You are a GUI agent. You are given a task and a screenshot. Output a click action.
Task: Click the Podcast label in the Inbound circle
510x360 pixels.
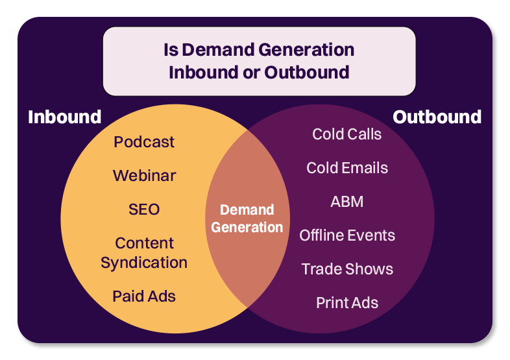click(x=144, y=142)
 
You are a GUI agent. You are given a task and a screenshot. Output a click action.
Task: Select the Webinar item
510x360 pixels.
click(x=144, y=176)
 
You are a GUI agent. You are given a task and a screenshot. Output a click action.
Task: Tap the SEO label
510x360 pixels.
click(x=144, y=210)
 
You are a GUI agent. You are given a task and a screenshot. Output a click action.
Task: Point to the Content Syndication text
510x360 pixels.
click(x=144, y=252)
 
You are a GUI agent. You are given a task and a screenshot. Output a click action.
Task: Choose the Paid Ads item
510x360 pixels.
click(x=144, y=296)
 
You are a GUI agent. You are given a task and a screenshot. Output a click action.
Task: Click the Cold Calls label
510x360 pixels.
click(x=346, y=134)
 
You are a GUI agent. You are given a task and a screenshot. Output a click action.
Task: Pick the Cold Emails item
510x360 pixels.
click(x=346, y=168)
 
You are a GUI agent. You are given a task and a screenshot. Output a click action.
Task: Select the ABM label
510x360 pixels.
click(x=346, y=202)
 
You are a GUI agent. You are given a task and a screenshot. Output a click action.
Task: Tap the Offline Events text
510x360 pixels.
click(x=346, y=235)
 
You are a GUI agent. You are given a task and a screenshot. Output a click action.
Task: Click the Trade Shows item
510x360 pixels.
click(x=346, y=269)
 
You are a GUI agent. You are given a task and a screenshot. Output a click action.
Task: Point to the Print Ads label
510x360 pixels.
click(x=346, y=303)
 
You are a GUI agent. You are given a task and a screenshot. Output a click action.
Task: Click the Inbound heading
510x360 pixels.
click(x=64, y=117)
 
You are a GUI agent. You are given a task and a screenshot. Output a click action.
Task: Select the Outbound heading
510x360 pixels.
click(x=437, y=117)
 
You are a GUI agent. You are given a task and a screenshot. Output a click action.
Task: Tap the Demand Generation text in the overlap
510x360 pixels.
click(x=247, y=219)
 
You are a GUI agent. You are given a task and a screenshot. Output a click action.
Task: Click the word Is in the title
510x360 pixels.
click(x=170, y=50)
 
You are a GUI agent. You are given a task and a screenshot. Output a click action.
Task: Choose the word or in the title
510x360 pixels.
click(x=247, y=72)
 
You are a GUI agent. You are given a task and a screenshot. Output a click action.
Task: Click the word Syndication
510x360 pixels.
click(x=144, y=262)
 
